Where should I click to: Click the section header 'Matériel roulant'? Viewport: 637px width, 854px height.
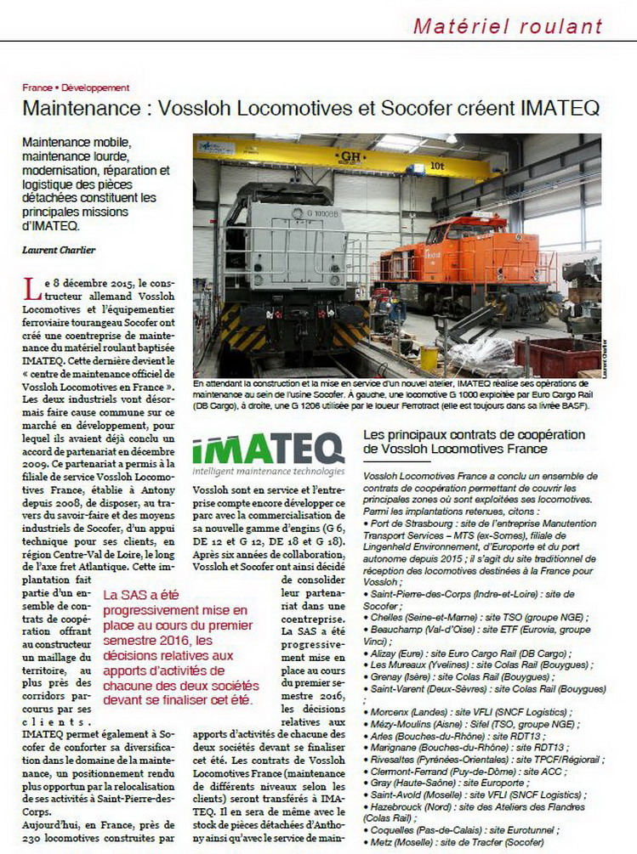[x=508, y=25]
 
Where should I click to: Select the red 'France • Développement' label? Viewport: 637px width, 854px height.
[x=76, y=88]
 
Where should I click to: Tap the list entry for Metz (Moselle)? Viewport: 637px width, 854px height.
[x=442, y=841]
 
